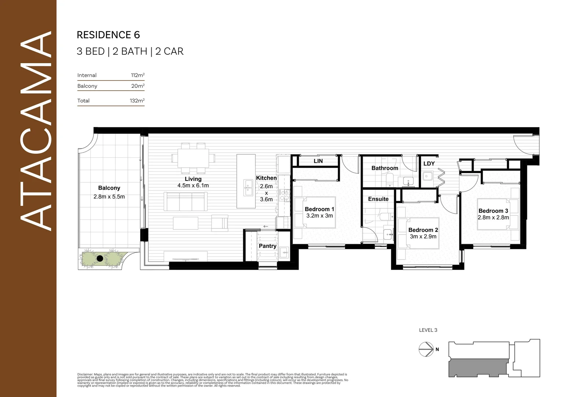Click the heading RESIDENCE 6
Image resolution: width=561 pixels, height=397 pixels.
tap(108, 35)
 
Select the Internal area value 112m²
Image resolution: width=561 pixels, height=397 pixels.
tap(138, 75)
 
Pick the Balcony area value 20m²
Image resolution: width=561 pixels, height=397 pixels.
tap(138, 86)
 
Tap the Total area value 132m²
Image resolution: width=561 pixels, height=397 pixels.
tap(137, 101)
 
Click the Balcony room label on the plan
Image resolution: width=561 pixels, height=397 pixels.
tap(109, 188)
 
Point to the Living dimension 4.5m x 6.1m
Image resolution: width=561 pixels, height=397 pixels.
tap(193, 186)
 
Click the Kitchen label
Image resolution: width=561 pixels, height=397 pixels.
tap(266, 178)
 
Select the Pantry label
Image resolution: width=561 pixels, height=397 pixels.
tap(267, 246)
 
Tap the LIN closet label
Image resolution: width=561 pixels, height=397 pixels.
tap(318, 161)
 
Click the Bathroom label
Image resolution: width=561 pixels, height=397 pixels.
tap(384, 168)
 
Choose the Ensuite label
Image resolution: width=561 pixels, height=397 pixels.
tap(378, 199)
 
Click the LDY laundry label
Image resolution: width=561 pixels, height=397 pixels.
tap(429, 164)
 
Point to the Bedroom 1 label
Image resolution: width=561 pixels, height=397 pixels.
tap(319, 209)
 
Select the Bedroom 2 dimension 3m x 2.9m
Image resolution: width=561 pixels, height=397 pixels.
tap(423, 237)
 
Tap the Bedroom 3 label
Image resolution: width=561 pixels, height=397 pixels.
tap(493, 211)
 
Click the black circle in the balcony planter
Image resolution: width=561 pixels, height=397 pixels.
tap(100, 258)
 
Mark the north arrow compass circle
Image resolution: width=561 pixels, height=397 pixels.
tap(426, 349)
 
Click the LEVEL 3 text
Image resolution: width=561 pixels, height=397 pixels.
tap(428, 330)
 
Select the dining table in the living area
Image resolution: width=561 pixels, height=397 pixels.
tap(193, 158)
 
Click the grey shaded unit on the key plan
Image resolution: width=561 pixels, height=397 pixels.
tap(477, 368)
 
